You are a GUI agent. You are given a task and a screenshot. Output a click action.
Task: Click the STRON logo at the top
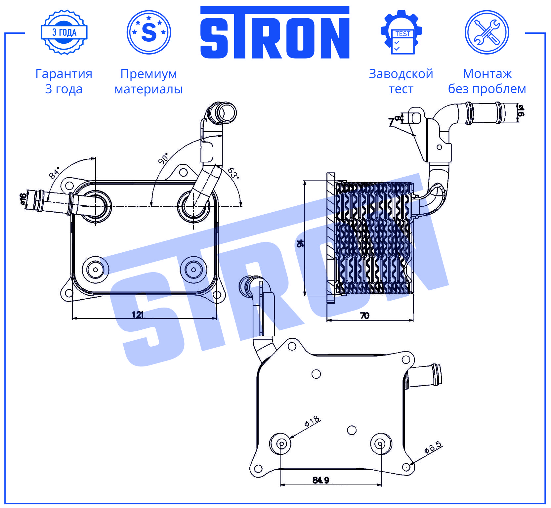(275, 32)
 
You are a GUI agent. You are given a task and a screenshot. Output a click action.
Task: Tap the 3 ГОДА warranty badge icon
(64, 32)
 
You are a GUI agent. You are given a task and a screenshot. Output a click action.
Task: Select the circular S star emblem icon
(149, 32)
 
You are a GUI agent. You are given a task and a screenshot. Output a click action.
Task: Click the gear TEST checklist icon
(401, 32)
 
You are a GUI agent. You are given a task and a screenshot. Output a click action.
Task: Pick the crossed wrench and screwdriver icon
(487, 32)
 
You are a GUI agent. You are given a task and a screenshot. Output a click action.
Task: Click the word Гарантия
(64, 74)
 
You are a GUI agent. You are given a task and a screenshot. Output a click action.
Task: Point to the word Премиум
(149, 74)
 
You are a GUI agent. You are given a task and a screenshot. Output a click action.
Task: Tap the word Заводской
(401, 74)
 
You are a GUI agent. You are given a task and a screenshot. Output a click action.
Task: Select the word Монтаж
(487, 74)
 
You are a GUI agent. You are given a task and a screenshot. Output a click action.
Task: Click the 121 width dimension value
(138, 314)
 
